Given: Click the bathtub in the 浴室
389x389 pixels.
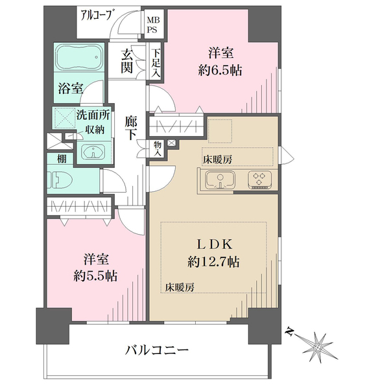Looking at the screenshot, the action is [x=79, y=57].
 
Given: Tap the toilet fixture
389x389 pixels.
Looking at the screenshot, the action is [x=60, y=180].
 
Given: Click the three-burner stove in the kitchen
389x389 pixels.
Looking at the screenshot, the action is [x=259, y=180].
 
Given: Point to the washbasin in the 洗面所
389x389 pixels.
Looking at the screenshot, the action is [x=93, y=152].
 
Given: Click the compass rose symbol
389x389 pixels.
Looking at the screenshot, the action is [x=316, y=346].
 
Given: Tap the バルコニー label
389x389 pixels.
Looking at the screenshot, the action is [x=156, y=350].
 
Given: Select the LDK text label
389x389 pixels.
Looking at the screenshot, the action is [x=215, y=244].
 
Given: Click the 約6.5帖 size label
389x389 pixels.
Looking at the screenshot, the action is [x=220, y=71].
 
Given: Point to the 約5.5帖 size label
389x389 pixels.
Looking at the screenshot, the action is [x=95, y=276].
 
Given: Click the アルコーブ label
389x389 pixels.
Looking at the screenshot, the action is [x=95, y=16].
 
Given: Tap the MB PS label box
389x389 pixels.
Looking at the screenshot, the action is [x=154, y=24].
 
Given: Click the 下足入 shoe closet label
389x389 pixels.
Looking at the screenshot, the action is [x=156, y=64].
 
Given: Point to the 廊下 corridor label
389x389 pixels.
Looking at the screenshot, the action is [x=131, y=128].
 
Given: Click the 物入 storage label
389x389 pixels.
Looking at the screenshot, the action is [x=158, y=148].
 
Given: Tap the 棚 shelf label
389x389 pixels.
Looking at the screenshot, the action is [x=62, y=158].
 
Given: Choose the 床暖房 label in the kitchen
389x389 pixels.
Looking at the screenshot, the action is [x=218, y=159].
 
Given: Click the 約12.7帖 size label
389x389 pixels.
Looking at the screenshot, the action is [x=213, y=262].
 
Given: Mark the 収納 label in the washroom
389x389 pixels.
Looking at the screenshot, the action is [x=95, y=130].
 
